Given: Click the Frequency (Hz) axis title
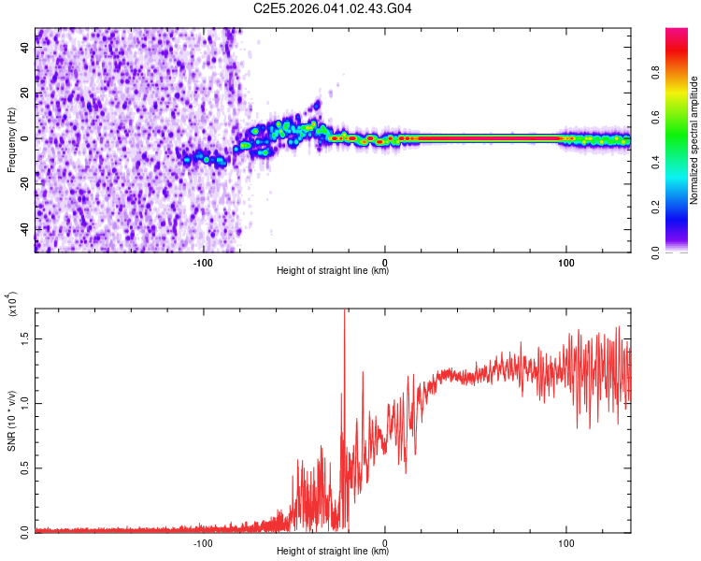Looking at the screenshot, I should pyautogui.click(x=11, y=139).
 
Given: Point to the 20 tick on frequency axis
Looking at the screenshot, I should pyautogui.click(x=36, y=93).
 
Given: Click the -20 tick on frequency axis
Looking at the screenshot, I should pyautogui.click(x=36, y=184).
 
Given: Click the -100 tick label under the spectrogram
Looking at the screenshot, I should pyautogui.click(x=204, y=262).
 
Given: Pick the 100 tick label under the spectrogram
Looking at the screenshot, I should pyautogui.click(x=565, y=262).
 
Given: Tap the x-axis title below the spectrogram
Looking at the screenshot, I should pyautogui.click(x=333, y=271).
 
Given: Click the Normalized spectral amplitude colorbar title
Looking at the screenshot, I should pyautogui.click(x=694, y=140).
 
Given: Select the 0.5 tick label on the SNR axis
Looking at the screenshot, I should pyautogui.click(x=25, y=468).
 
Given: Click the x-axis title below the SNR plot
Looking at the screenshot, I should pyautogui.click(x=333, y=553).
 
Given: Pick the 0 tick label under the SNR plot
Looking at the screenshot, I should pyautogui.click(x=385, y=543).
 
